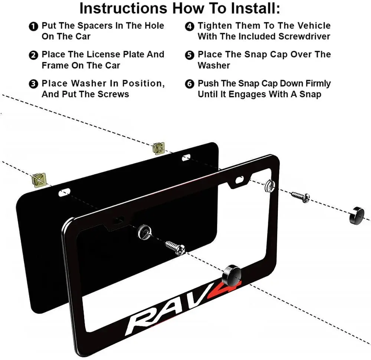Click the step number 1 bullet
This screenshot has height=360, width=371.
coord(33,26)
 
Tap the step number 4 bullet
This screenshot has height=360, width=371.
coord(190,26)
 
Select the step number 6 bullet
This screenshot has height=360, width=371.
coord(190,84)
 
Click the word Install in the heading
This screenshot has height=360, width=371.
coord(255,8)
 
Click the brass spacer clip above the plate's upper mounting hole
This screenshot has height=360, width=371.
coord(159,148)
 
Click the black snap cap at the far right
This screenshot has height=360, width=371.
coord(357,215)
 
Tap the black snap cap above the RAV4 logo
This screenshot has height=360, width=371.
coord(232,275)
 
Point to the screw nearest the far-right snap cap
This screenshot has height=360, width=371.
coord(301,196)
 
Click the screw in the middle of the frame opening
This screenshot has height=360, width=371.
coord(175,248)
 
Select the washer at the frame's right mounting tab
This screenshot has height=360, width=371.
coord(270,185)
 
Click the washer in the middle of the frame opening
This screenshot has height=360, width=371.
coord(145,232)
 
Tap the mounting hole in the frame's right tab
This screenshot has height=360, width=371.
coord(239,180)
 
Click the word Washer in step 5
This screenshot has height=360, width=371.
coord(214,66)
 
